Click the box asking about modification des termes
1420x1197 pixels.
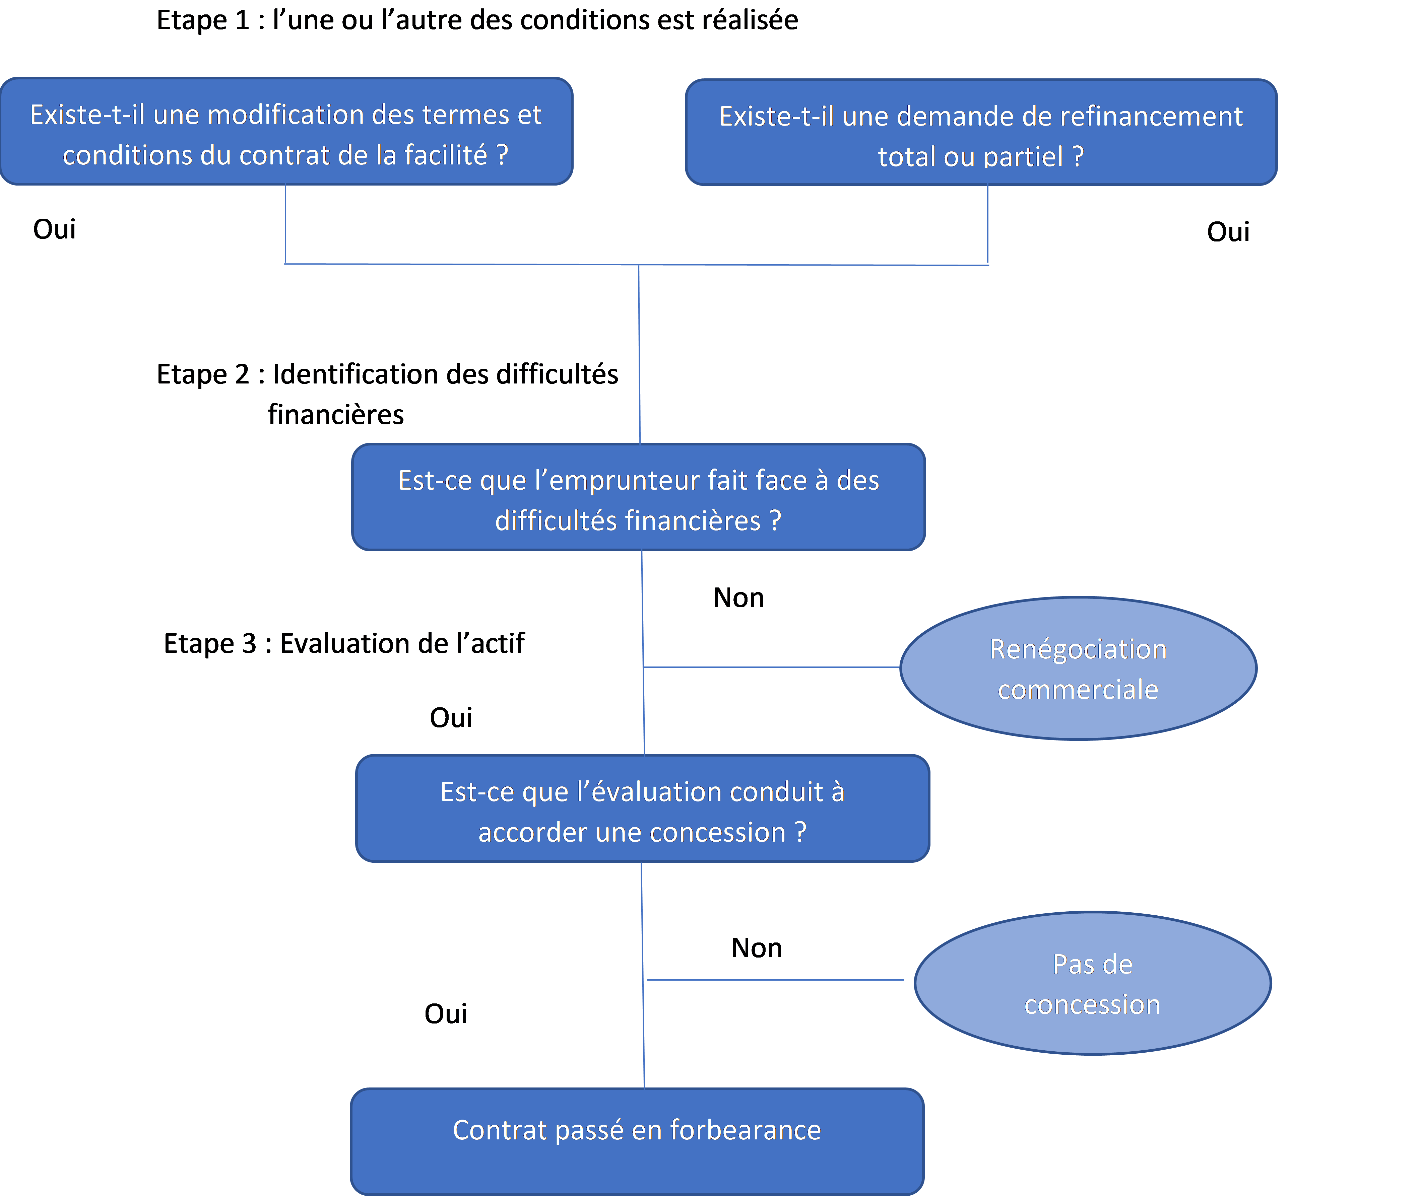(x=286, y=131)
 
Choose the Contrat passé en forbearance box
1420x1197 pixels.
(x=637, y=1141)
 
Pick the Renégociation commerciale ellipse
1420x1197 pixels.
(x=1078, y=668)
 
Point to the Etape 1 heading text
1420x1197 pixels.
(x=477, y=20)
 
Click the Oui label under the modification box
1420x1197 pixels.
(x=54, y=229)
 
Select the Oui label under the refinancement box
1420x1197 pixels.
(x=1228, y=232)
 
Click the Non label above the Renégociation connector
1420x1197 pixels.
(x=738, y=598)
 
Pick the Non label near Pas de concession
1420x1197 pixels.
(x=757, y=948)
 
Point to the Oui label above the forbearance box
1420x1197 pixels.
(x=445, y=1014)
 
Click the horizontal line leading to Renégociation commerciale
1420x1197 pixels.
(x=772, y=667)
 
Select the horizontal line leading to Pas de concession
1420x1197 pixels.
(x=776, y=980)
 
